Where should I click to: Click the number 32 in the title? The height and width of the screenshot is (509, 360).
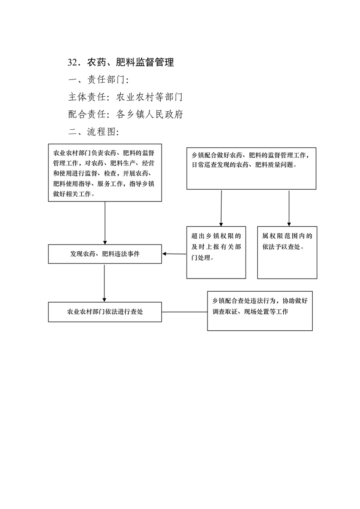click(x=73, y=62)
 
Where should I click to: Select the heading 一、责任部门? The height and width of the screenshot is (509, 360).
click(x=99, y=79)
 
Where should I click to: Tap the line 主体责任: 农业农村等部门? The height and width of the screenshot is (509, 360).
click(x=125, y=97)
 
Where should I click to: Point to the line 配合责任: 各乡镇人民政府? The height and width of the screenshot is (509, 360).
click(x=125, y=114)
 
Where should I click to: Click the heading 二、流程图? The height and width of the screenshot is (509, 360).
click(x=94, y=132)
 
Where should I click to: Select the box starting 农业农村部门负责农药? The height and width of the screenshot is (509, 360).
click(x=105, y=173)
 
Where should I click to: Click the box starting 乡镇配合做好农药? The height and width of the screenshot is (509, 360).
click(x=251, y=168)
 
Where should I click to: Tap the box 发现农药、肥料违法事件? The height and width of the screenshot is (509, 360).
click(x=105, y=254)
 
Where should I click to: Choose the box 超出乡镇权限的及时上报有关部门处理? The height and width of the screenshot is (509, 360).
click(x=216, y=252)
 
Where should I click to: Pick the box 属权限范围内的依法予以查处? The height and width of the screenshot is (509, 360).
click(x=287, y=252)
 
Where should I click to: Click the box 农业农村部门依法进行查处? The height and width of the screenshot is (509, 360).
click(x=105, y=312)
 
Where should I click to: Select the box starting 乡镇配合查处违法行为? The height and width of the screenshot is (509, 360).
click(x=260, y=311)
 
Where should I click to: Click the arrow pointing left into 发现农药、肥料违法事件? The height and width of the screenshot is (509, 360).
click(x=174, y=254)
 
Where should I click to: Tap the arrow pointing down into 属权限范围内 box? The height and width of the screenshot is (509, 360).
click(x=289, y=208)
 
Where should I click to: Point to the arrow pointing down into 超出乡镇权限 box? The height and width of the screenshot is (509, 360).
click(x=221, y=208)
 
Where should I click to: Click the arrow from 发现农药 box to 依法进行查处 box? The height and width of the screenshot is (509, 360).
click(x=104, y=283)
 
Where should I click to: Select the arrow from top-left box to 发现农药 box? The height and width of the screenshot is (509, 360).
click(x=105, y=223)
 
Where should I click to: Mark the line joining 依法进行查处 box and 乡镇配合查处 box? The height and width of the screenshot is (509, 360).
click(x=185, y=312)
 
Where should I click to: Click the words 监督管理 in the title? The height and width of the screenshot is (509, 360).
click(x=155, y=62)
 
